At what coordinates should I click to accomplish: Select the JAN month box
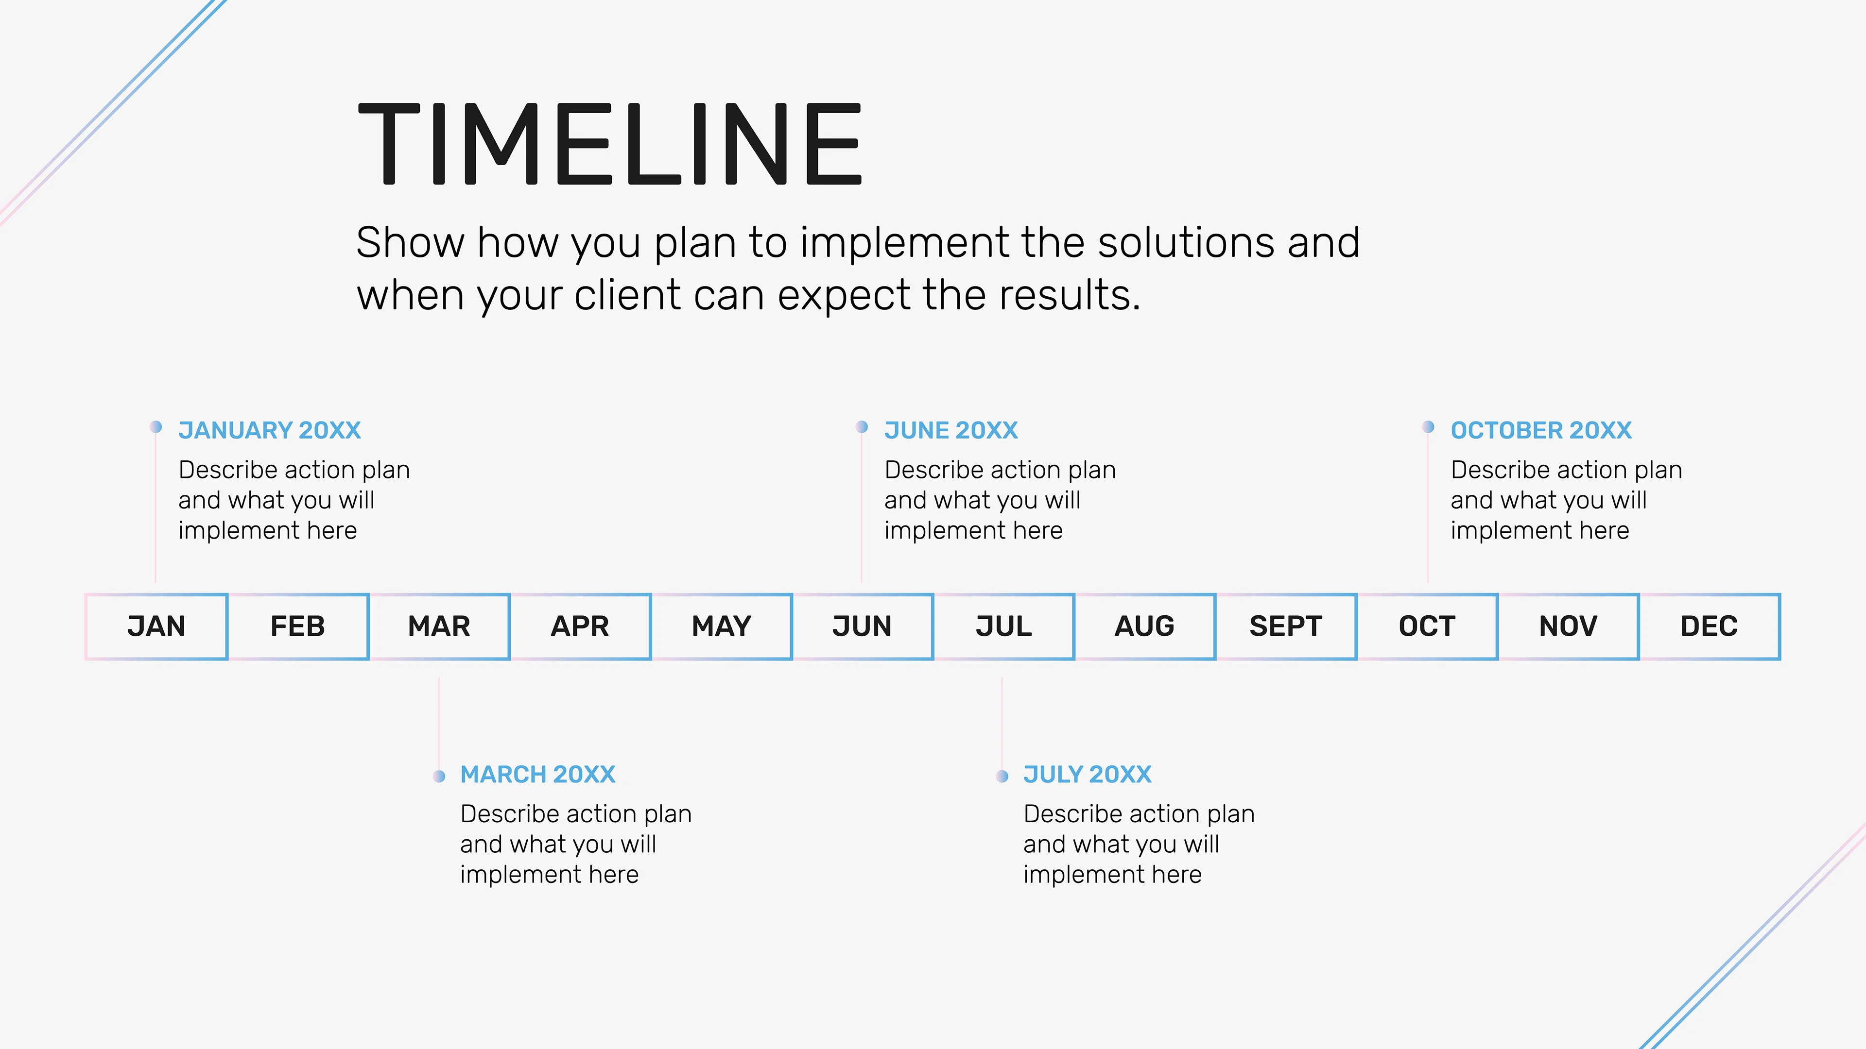tap(156, 626)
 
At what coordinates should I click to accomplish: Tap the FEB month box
tap(298, 626)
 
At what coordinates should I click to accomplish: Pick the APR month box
tap(580, 626)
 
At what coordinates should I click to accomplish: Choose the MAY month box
tap(722, 626)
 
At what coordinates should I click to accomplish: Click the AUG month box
tap(1144, 626)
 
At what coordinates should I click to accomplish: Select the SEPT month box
tap(1286, 626)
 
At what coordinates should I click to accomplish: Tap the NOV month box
tap(1568, 626)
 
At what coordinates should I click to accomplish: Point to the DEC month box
tap(1710, 626)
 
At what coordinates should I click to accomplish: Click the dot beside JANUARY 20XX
tap(155, 427)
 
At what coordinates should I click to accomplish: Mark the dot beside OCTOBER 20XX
tap(1428, 427)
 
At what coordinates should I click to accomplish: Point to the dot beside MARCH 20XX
tap(439, 776)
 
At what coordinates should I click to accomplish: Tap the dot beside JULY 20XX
tap(1002, 776)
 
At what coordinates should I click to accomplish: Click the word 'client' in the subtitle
tap(628, 295)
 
